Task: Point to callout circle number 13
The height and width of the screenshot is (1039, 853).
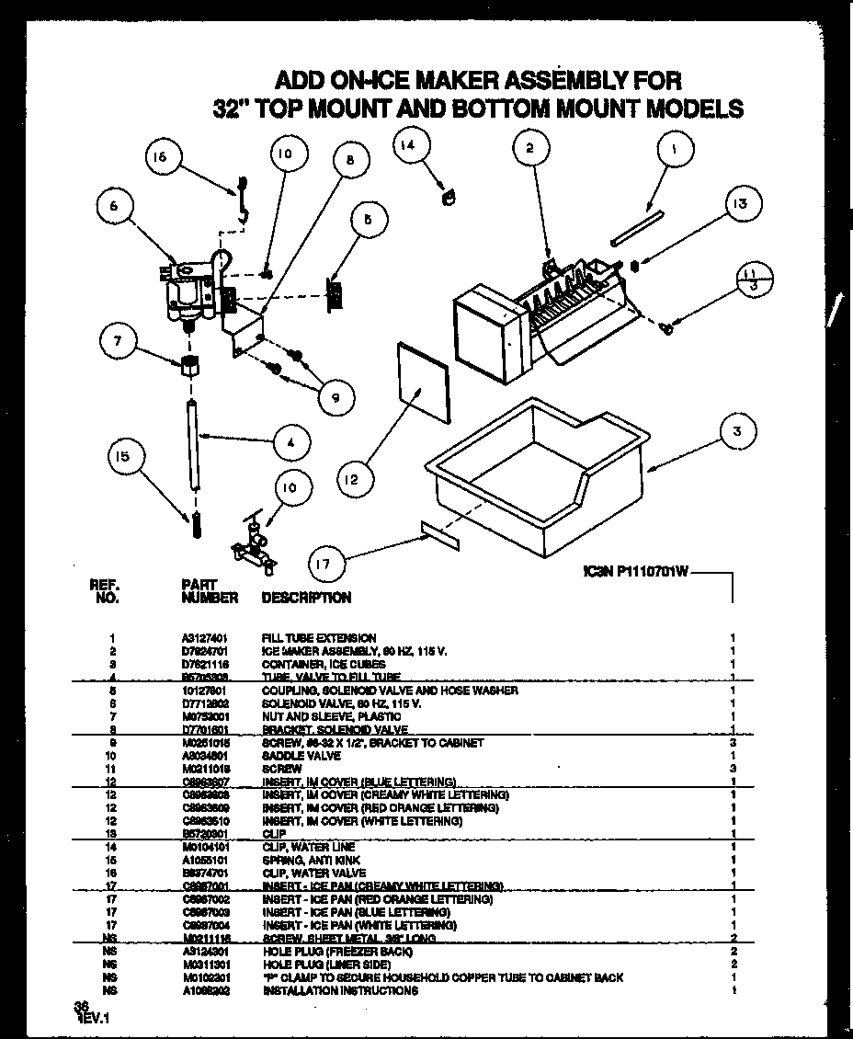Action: tap(740, 204)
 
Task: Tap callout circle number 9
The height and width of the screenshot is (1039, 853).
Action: tap(335, 396)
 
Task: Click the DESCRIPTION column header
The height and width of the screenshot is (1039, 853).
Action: tap(306, 598)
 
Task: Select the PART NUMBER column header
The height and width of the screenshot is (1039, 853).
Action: tap(210, 591)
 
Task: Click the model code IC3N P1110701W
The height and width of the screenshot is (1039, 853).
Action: tap(635, 571)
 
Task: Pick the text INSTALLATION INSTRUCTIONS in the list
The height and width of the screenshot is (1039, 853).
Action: tap(340, 991)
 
